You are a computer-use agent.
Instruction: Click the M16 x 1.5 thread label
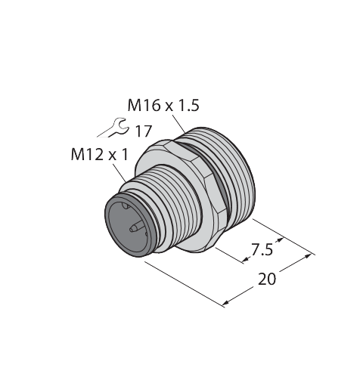click(x=163, y=105)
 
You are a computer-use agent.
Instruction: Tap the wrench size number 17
click(x=144, y=131)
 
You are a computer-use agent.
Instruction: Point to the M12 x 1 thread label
click(x=100, y=154)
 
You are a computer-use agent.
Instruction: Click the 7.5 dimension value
click(x=262, y=250)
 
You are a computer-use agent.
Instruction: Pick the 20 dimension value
click(x=267, y=279)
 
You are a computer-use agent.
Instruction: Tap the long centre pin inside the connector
click(x=137, y=227)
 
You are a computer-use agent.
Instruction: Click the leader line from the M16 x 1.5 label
click(x=178, y=124)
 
